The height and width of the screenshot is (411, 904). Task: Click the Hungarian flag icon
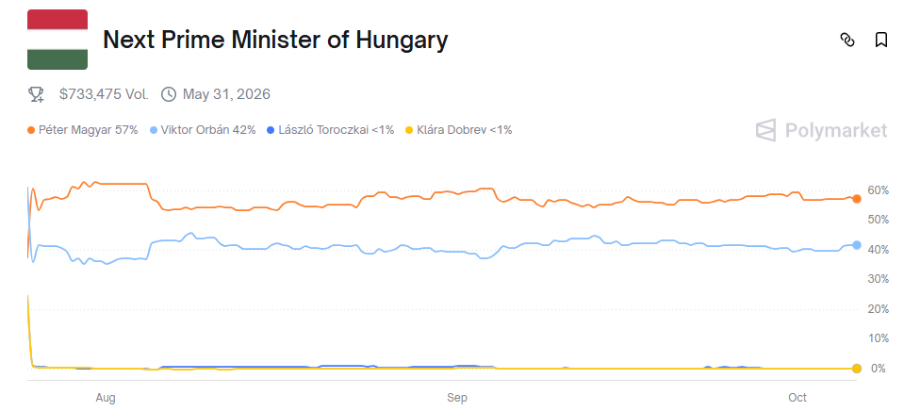(x=58, y=40)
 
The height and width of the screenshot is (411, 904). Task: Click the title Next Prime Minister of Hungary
(x=274, y=40)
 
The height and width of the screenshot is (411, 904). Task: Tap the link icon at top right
(x=846, y=40)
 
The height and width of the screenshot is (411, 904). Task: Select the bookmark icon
(x=880, y=40)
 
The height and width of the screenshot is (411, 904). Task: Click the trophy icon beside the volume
(x=37, y=94)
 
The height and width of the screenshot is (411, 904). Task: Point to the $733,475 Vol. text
(x=103, y=94)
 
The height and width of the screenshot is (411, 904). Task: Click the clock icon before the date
(x=169, y=94)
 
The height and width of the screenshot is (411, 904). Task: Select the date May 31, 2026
(x=226, y=94)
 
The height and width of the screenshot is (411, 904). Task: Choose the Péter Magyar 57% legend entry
(x=83, y=130)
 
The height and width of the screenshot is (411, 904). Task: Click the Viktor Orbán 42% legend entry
(x=202, y=130)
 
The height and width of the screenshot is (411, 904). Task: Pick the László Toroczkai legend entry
(x=330, y=130)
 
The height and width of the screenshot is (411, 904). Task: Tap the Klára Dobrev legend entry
(x=457, y=130)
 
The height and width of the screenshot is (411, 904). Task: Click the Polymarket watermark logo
(x=821, y=130)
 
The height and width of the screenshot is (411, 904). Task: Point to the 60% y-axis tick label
(x=878, y=190)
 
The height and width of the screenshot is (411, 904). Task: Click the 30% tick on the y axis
(x=878, y=279)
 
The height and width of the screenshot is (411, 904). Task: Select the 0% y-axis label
(x=878, y=369)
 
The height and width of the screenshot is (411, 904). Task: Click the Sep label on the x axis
(x=457, y=398)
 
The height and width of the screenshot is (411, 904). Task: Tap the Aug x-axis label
(x=106, y=398)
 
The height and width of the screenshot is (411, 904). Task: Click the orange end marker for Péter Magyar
(x=856, y=199)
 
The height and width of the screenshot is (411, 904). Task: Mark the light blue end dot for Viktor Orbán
(x=856, y=245)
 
